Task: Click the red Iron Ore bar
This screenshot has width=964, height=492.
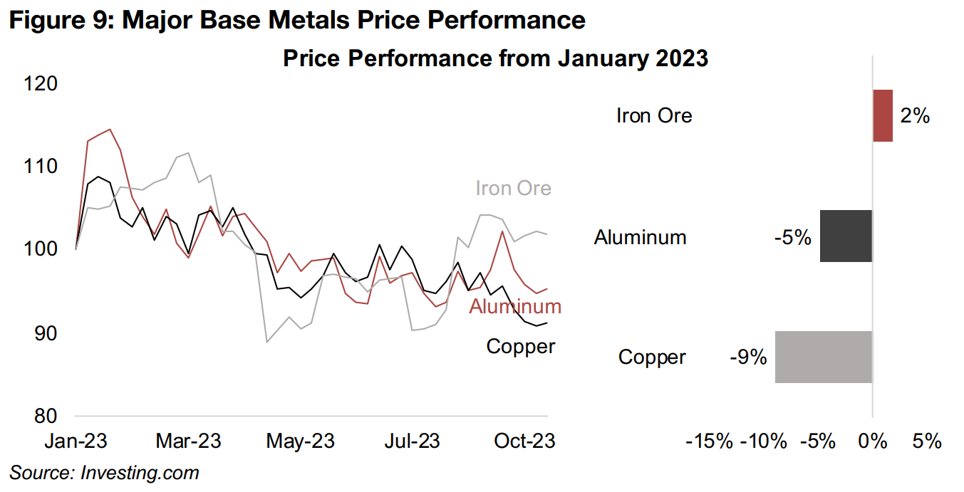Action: [882, 115]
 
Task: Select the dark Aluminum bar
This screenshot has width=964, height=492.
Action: [846, 236]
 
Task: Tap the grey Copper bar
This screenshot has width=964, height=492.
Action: [823, 357]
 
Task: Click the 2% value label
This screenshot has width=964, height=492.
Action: [915, 115]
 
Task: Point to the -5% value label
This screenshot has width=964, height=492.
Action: [792, 236]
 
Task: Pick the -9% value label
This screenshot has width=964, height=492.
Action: [748, 357]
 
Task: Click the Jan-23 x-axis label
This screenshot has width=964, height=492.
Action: [76, 441]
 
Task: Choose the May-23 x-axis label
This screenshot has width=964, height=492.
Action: [300, 441]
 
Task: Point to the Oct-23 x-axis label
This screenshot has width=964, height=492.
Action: [524, 441]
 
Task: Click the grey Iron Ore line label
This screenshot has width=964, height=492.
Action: [513, 189]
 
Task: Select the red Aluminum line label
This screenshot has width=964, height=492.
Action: [515, 306]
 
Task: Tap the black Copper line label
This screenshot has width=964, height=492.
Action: [520, 347]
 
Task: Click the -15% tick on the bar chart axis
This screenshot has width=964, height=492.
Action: [708, 441]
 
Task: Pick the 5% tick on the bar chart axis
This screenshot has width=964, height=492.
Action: [926, 441]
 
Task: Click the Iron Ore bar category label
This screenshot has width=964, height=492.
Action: [653, 115]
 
